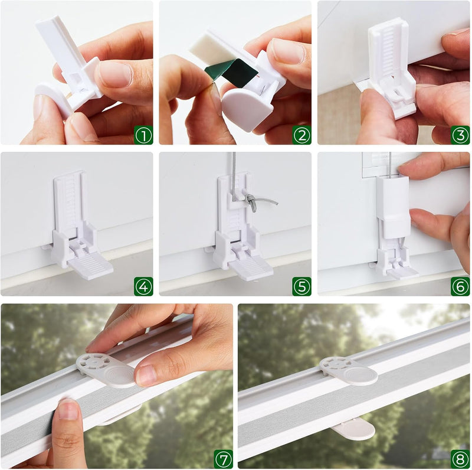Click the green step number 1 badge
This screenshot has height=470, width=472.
coord(143,135)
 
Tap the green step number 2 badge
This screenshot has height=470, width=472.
coord(301,135)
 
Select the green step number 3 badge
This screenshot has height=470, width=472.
coord(460,135)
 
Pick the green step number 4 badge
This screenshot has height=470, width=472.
coord(143,286)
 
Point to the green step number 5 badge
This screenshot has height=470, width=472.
coord(301,286)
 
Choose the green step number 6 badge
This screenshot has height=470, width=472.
coord(460,286)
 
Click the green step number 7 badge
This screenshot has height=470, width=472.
coord(224,459)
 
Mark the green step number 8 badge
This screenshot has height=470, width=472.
coord(460,459)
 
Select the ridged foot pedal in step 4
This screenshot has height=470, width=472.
coord(90,265)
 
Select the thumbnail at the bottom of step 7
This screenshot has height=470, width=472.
coord(68,409)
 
